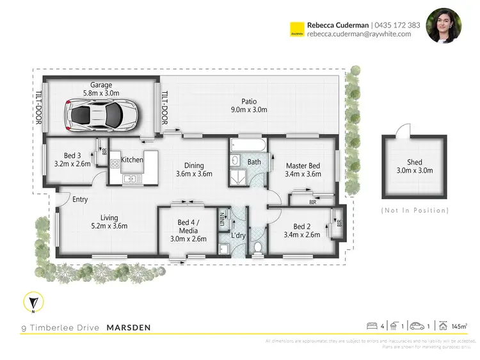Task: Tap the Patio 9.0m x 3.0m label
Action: tap(249, 106)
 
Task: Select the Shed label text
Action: tap(414, 166)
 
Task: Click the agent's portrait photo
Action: tap(444, 26)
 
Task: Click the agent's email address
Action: tap(358, 35)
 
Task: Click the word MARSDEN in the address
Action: tap(128, 328)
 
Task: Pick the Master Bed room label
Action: tap(303, 170)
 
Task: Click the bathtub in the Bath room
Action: tap(246, 146)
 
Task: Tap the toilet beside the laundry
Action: tap(257, 247)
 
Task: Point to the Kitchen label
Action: tap(132, 160)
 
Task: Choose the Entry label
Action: tap(80, 200)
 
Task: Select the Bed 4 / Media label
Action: tap(188, 227)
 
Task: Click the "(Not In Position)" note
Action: tap(414, 210)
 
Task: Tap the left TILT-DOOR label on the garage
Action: tap(38, 107)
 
